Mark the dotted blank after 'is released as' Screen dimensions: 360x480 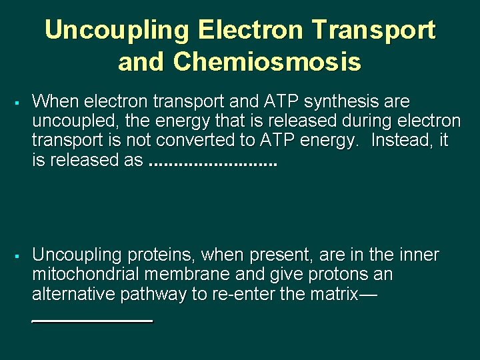(212, 162)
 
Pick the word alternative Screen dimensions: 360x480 (74, 293)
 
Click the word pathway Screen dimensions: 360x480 (154, 294)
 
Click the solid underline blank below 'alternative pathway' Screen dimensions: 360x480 (93, 321)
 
